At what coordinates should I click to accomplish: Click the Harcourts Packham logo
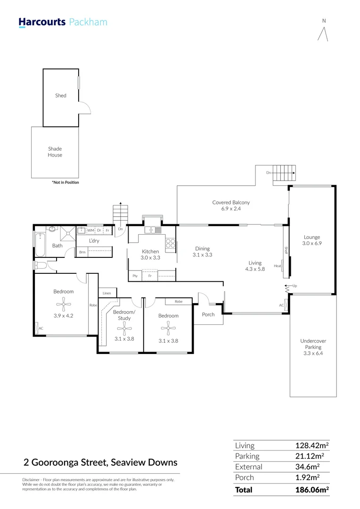(63, 22)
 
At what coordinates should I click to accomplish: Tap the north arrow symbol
(323, 34)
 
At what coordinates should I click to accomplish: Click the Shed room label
(61, 95)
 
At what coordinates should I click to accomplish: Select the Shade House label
(55, 152)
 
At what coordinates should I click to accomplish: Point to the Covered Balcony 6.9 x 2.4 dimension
(231, 209)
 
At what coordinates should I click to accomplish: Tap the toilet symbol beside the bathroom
(40, 265)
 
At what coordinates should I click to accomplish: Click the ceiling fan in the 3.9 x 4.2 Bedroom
(64, 304)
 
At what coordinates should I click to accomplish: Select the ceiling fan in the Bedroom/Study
(124, 329)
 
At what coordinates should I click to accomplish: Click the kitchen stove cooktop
(171, 244)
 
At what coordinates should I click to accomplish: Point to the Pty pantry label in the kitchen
(135, 276)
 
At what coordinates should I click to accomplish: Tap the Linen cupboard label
(107, 293)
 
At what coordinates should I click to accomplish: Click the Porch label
(208, 314)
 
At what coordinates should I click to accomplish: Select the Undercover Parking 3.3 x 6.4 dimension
(313, 353)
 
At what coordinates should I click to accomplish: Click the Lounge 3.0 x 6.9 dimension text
(312, 244)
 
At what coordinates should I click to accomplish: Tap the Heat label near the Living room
(278, 266)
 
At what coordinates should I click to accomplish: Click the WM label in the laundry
(90, 230)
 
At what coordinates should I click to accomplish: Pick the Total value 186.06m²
(312, 490)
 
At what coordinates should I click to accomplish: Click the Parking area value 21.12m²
(310, 456)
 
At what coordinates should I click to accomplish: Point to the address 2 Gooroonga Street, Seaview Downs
(101, 463)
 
